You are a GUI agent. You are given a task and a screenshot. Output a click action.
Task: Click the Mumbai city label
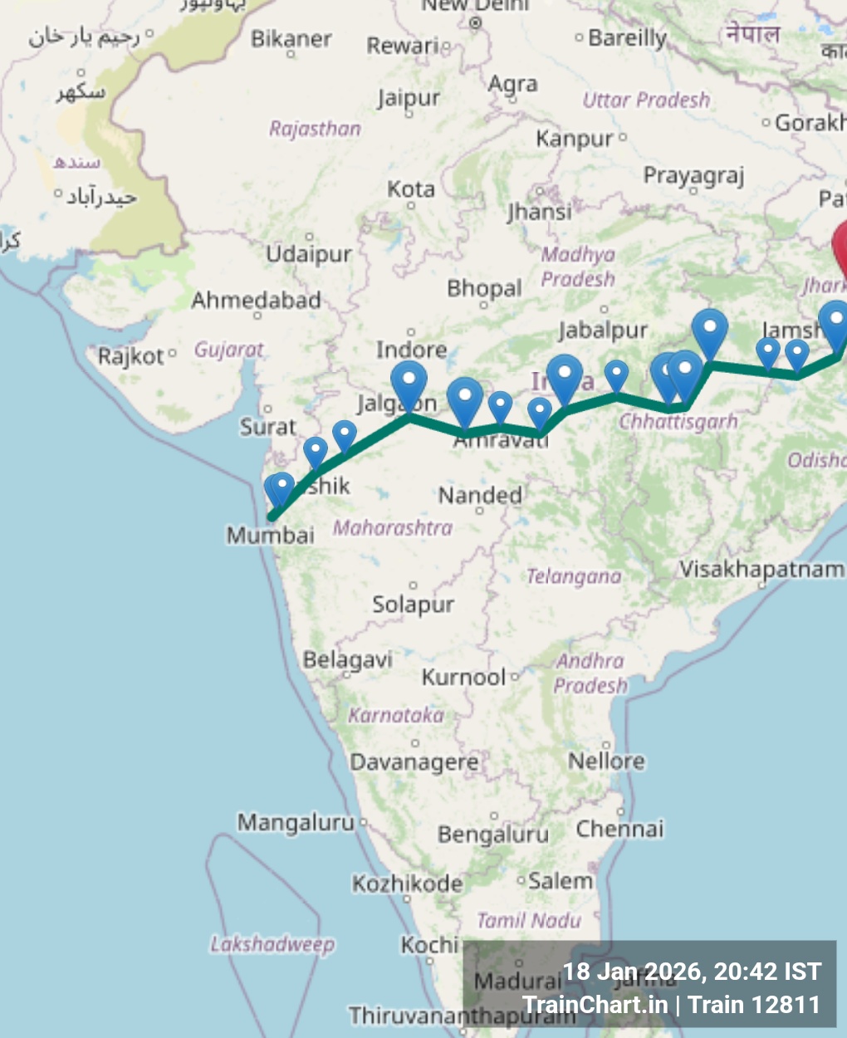270,535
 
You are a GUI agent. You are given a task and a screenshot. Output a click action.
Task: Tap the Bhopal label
484,288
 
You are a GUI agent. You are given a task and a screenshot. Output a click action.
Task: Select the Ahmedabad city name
256,300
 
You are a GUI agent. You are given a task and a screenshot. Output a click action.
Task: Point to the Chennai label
619,829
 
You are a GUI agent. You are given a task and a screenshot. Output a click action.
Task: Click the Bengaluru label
493,834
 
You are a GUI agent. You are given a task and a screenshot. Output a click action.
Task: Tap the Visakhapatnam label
761,569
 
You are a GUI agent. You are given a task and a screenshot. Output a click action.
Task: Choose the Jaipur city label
409,98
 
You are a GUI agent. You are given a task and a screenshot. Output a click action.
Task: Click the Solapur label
413,604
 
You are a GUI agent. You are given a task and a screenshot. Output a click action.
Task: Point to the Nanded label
480,496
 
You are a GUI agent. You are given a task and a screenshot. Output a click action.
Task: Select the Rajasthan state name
315,129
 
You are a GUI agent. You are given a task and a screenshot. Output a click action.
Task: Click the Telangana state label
573,576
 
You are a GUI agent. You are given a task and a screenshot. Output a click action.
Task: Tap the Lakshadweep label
272,944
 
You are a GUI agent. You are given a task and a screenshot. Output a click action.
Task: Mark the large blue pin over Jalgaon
409,384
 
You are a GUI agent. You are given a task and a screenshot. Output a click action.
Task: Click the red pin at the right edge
840,249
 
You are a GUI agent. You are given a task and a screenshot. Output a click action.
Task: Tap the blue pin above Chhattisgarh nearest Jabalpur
616,375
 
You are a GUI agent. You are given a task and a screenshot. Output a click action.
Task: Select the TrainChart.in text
595,1005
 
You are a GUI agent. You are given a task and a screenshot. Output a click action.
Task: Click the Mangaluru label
296,822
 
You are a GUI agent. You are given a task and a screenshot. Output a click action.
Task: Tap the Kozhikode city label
407,884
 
